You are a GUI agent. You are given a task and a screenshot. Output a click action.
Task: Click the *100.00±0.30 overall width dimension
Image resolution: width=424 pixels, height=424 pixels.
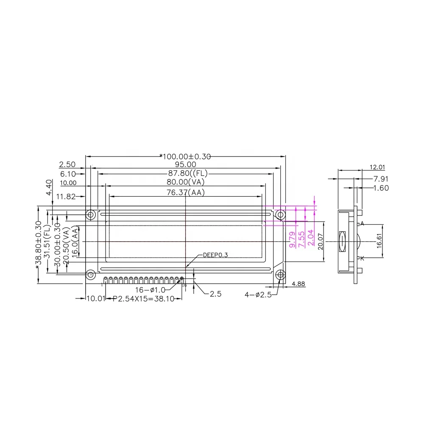185,156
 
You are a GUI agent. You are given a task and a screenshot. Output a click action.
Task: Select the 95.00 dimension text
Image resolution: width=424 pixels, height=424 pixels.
185,165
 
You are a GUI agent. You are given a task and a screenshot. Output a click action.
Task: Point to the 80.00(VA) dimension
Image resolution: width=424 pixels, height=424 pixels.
185,182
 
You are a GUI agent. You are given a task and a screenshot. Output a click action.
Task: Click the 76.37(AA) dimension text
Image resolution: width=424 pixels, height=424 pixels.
185,192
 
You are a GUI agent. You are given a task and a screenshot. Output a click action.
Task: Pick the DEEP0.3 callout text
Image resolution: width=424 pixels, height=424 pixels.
215,255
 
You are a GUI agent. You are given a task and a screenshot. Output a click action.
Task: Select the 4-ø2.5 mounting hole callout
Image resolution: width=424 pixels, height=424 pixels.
258,294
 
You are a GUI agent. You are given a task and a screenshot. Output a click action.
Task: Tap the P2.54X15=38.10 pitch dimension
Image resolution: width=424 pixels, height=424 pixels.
144,299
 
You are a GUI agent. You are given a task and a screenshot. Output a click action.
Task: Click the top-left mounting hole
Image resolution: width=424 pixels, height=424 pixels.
90,215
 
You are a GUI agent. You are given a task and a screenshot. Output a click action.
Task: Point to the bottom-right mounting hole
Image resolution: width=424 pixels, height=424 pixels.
280,275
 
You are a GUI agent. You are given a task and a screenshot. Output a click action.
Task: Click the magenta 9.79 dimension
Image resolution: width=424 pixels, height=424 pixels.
292,240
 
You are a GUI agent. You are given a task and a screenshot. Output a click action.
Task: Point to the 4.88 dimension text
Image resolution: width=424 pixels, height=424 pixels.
298,283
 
